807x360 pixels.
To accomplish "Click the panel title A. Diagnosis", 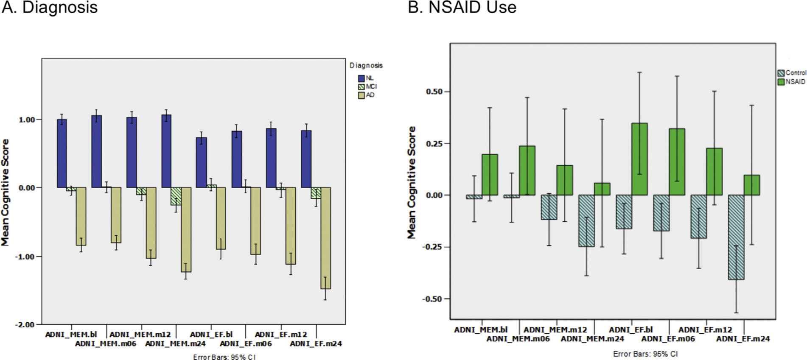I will tap(49, 7).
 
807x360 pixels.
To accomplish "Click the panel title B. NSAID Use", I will tap(462, 7).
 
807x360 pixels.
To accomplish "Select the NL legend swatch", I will tap(361, 78).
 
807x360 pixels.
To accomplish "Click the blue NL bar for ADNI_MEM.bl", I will tap(62, 153).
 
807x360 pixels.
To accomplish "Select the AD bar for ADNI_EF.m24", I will tap(325, 238).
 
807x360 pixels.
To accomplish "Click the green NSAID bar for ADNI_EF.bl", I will tap(639, 159).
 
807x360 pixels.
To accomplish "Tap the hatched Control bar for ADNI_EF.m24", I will tap(736, 237).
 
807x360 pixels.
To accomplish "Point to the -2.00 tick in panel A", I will tap(26, 325).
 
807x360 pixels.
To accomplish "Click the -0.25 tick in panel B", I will tap(433, 247).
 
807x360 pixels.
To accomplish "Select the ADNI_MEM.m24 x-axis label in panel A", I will tap(175, 344).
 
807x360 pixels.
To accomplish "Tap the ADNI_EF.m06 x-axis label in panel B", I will tap(668, 339).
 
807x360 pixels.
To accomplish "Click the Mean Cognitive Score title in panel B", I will tap(412, 182).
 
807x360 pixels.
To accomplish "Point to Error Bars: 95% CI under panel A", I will tap(224, 357).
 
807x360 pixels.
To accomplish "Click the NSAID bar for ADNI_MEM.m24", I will tap(602, 189).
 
